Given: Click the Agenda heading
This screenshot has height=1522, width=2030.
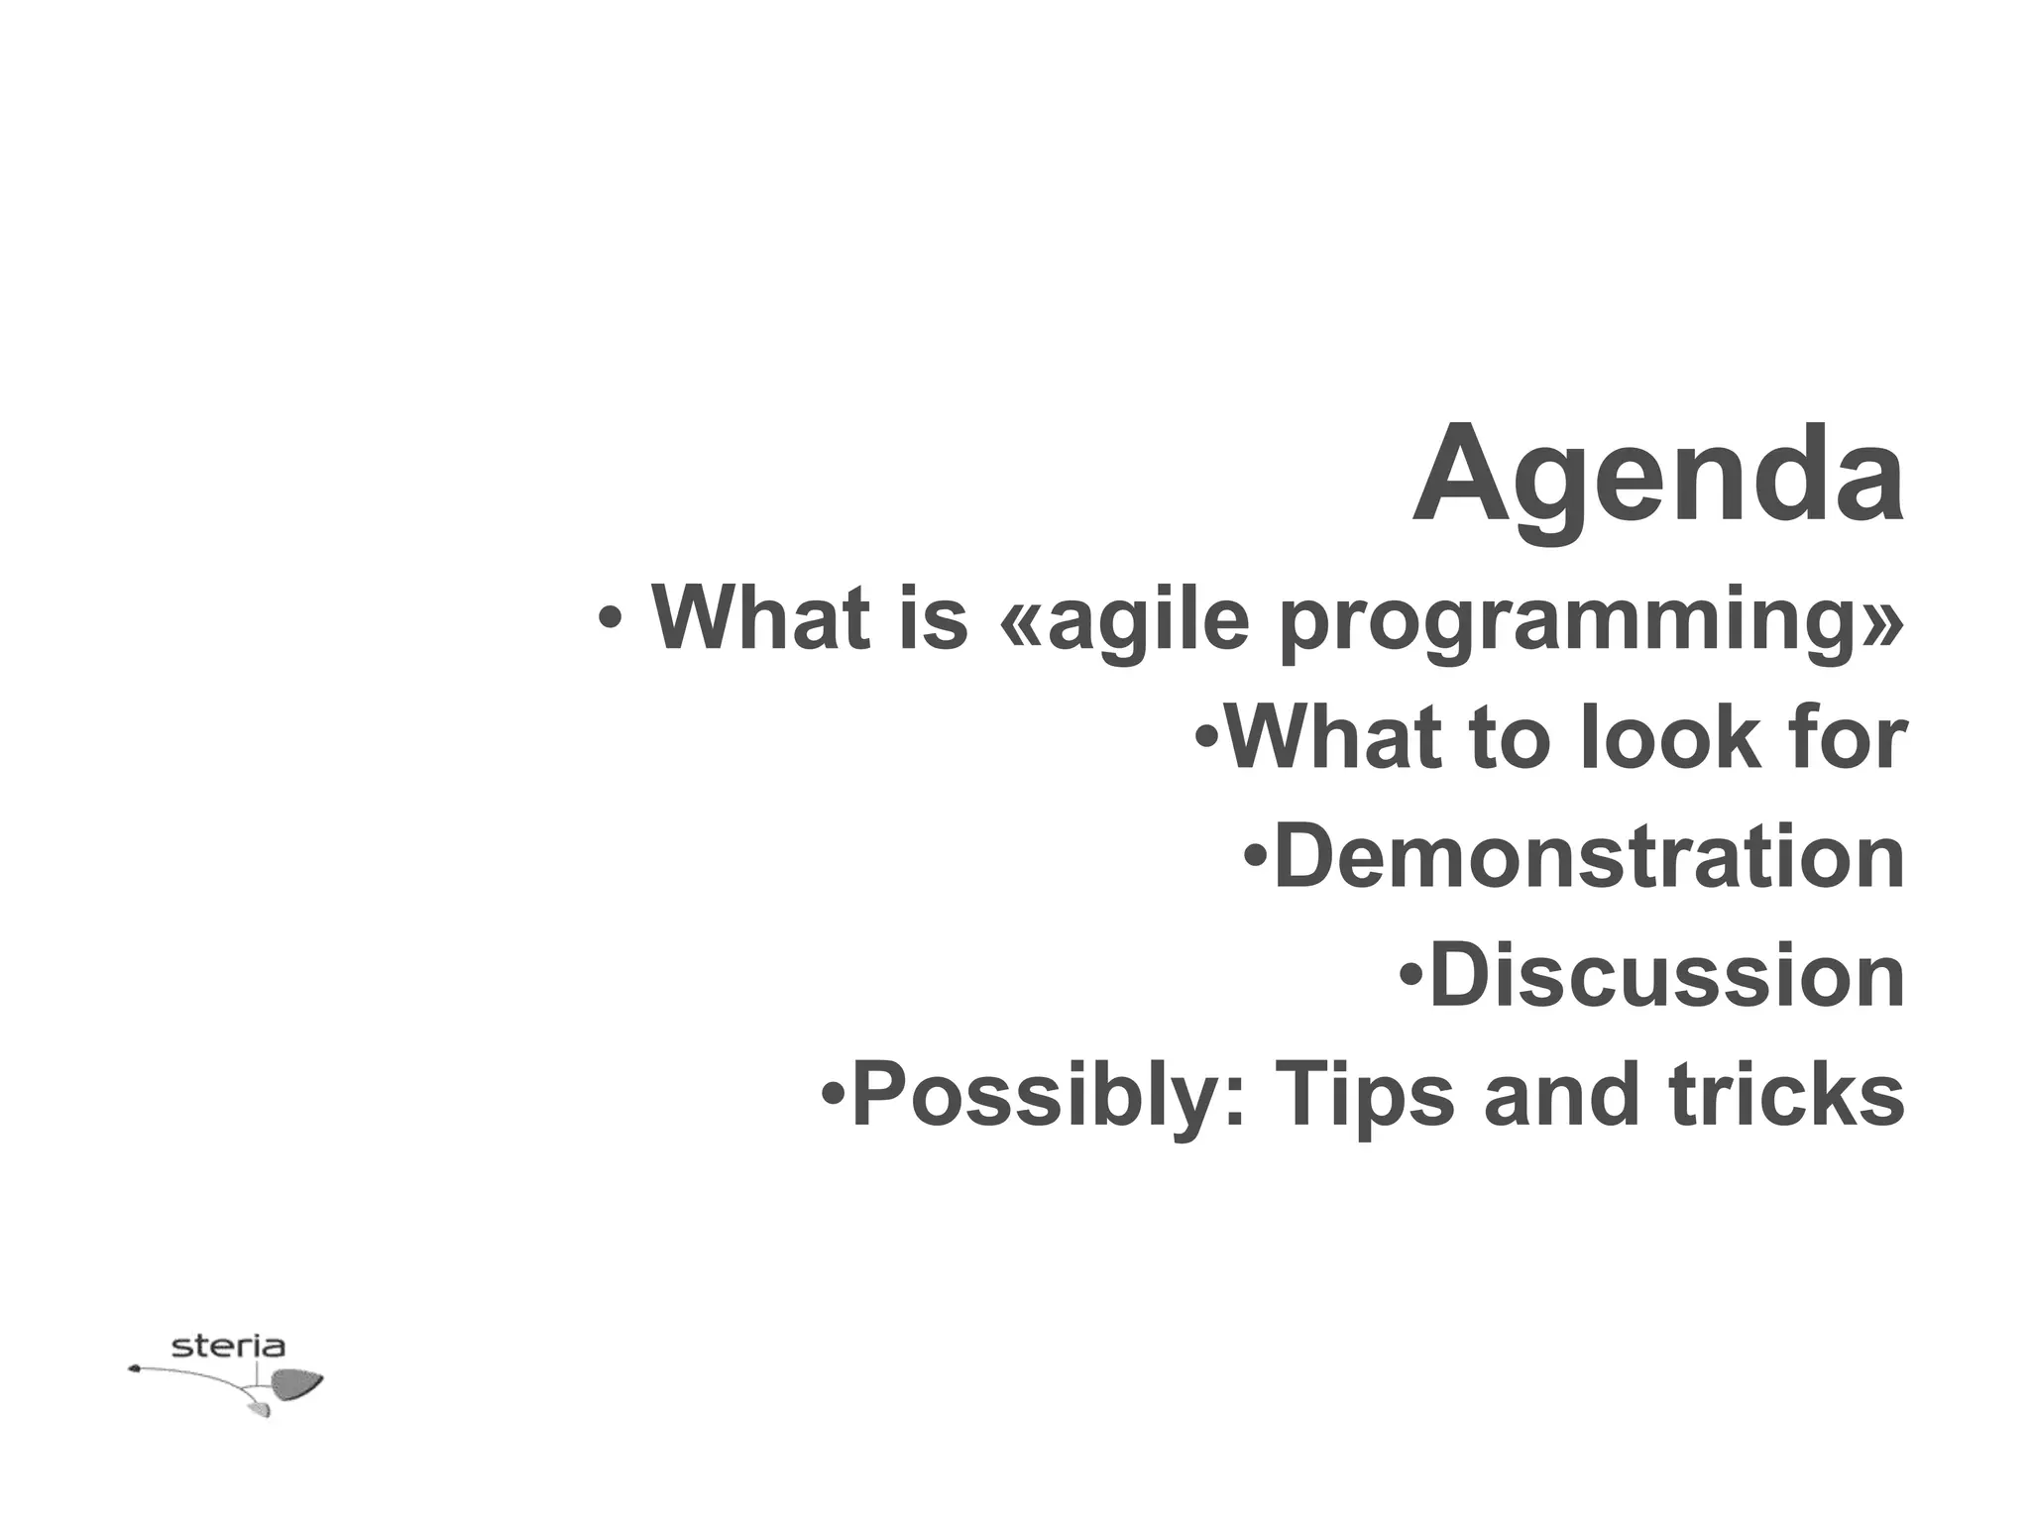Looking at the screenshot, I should pyautogui.click(x=1657, y=476).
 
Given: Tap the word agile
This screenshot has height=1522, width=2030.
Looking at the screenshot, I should pyautogui.click(x=1150, y=620).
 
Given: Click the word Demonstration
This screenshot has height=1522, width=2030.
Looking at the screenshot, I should pyautogui.click(x=1589, y=857).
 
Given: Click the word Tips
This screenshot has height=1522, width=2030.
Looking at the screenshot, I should pyautogui.click(x=1365, y=1096).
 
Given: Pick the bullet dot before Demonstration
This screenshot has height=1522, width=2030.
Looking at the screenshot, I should pyautogui.click(x=1255, y=853).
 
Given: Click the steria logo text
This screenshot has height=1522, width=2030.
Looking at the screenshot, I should pyautogui.click(x=228, y=1347).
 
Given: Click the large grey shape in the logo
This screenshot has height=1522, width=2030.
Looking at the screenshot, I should pyautogui.click(x=296, y=1383).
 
